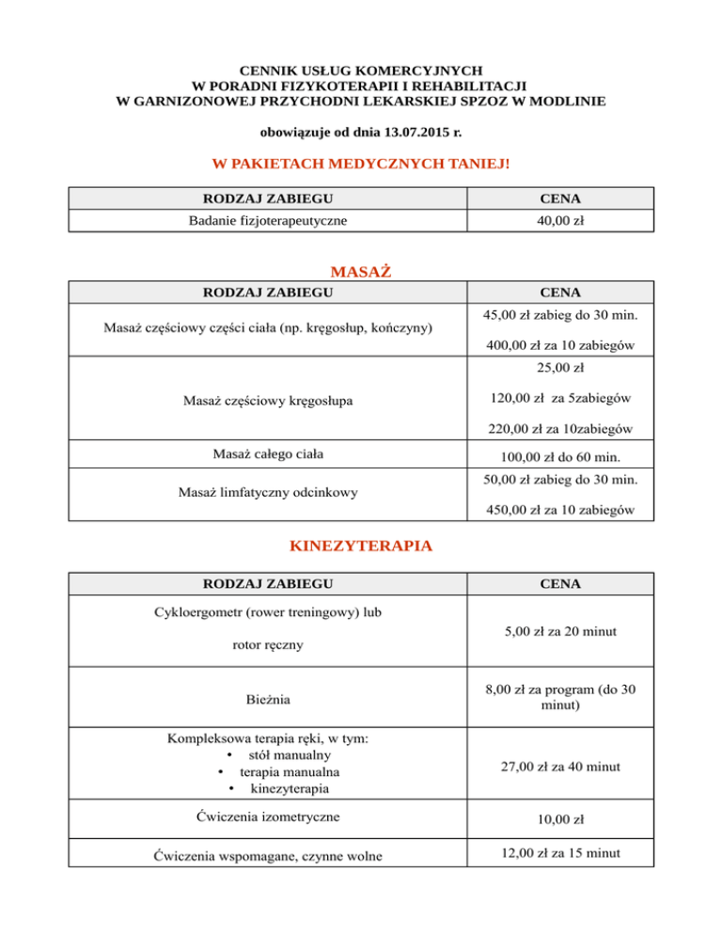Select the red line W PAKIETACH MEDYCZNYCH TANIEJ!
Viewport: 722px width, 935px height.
point(362,164)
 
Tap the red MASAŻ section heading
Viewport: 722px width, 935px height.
point(362,272)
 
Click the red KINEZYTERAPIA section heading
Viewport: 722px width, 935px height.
point(361,547)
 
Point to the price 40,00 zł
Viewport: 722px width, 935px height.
point(561,220)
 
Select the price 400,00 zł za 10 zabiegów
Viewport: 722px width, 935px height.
point(560,346)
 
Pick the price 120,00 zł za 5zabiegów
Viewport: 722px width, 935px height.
point(560,399)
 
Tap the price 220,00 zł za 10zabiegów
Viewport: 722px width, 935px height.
point(560,431)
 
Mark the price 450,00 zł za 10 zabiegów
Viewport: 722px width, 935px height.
point(560,510)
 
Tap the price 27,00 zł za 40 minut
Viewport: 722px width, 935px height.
point(560,768)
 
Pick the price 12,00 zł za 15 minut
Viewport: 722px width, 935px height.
point(560,852)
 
